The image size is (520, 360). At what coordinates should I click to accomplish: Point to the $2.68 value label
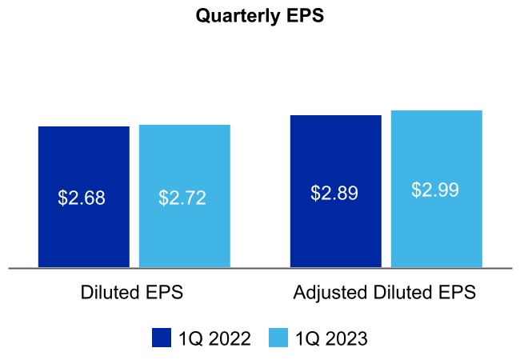[x=82, y=198]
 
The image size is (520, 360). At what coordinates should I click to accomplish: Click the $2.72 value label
[x=182, y=198]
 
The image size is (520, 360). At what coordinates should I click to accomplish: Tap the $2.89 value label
[x=334, y=193]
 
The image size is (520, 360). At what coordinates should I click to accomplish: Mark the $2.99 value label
[x=435, y=190]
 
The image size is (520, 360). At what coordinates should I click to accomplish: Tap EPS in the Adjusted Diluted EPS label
[x=458, y=293]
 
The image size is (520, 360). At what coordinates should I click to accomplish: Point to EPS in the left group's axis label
[x=166, y=293]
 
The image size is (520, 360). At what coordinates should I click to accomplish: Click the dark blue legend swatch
[x=162, y=338]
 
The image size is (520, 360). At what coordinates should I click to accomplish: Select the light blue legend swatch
[x=279, y=338]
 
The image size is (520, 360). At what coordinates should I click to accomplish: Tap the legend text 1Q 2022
[x=214, y=338]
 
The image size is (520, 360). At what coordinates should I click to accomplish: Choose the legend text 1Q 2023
[x=331, y=338]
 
